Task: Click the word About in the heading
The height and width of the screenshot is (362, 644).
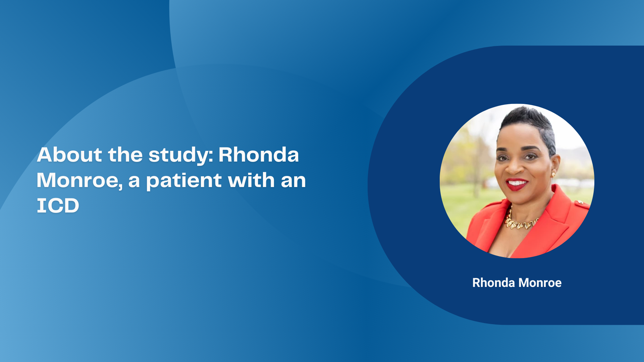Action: click(69, 155)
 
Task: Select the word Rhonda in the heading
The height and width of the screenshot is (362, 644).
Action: click(259, 155)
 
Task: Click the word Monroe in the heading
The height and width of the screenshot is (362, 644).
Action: click(77, 180)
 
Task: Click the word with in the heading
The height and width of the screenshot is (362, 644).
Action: click(252, 180)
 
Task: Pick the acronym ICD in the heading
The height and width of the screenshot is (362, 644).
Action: click(58, 205)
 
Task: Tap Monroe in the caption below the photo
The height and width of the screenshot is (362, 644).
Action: click(540, 283)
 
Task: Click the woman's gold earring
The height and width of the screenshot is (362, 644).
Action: click(553, 175)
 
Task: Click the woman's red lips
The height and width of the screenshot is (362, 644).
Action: click(517, 184)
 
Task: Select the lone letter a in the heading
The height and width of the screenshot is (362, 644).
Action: click(134, 181)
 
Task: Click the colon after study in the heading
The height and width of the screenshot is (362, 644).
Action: click(211, 156)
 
